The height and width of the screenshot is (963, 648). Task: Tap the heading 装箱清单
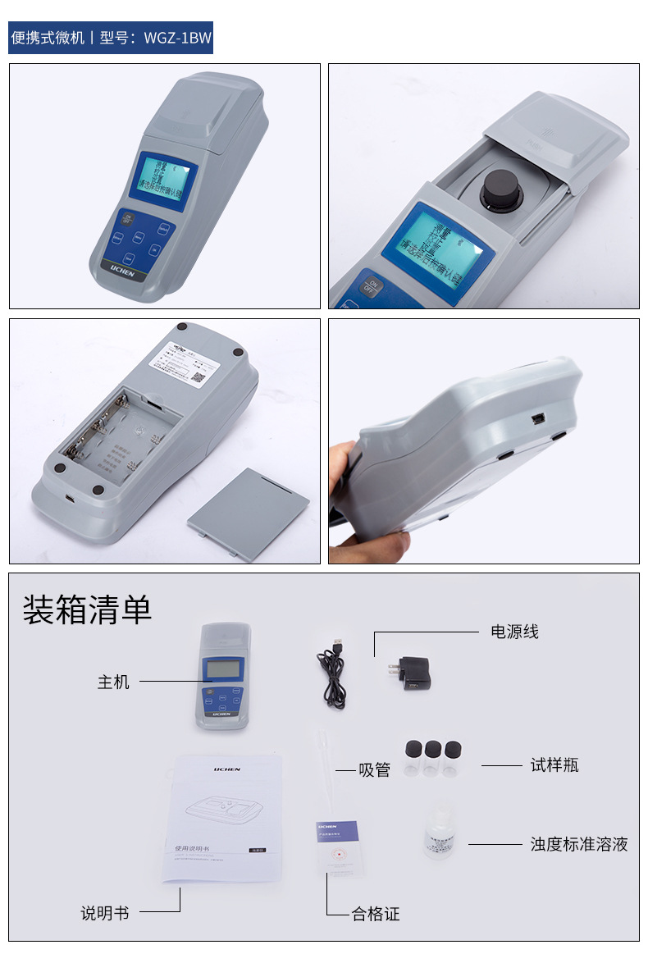click(87, 609)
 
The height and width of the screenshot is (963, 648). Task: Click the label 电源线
click(514, 632)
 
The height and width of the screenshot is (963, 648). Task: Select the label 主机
click(113, 682)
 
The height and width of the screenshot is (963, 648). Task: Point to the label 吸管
click(374, 770)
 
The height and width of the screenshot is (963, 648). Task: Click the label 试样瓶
click(554, 765)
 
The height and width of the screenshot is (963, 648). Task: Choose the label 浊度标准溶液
click(578, 844)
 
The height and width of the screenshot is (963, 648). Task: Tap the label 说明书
click(104, 913)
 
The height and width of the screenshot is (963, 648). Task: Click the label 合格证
click(376, 914)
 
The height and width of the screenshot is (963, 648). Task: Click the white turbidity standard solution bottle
click(439, 830)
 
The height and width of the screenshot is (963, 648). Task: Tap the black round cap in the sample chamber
click(499, 190)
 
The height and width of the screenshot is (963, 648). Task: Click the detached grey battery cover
click(248, 514)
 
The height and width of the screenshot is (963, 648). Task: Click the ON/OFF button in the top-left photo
click(126, 219)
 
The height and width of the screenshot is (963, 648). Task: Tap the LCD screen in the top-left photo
click(165, 180)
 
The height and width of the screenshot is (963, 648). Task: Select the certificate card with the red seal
click(337, 847)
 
